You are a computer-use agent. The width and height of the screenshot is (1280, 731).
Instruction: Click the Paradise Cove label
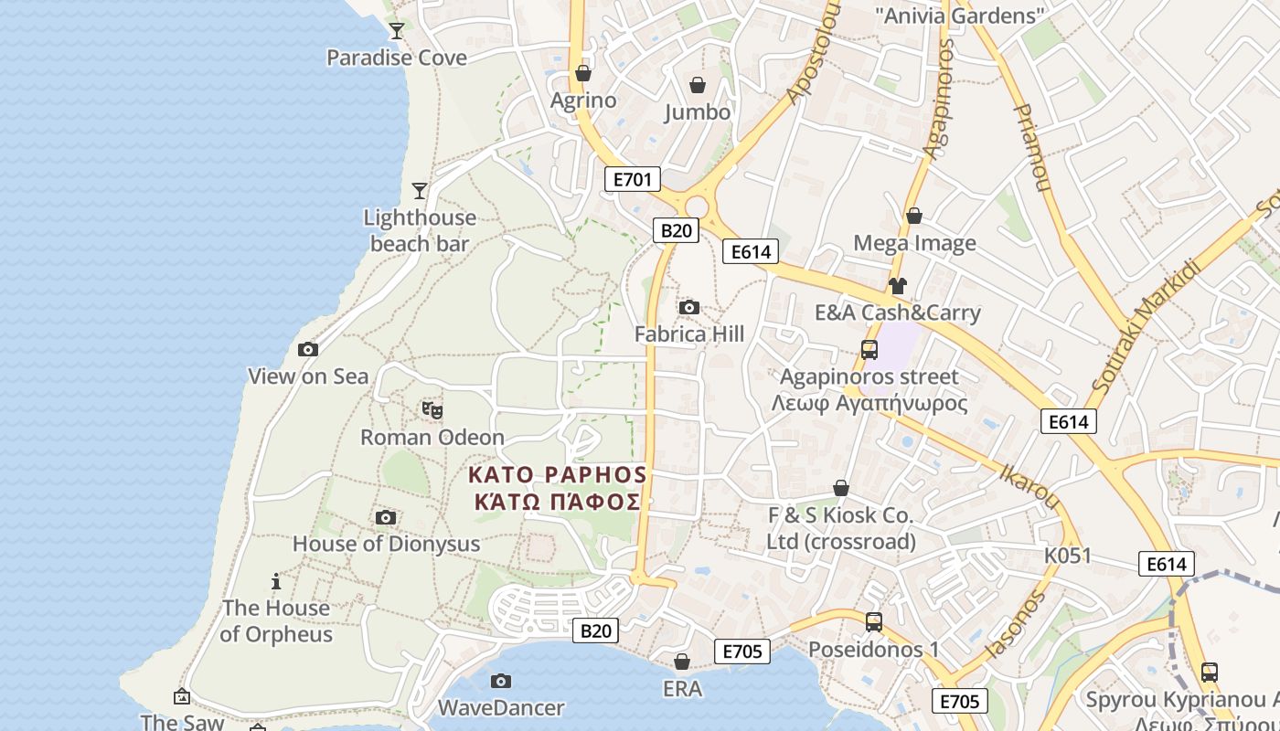point(397,58)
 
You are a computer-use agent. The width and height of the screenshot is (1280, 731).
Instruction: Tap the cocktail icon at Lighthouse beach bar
point(420,190)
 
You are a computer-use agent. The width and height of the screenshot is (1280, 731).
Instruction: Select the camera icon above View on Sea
point(308,349)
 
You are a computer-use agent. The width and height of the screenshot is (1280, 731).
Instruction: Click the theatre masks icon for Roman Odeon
point(432,410)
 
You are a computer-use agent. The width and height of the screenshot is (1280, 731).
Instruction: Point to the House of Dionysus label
point(386,544)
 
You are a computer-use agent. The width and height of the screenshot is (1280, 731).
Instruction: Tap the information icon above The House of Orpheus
point(275,581)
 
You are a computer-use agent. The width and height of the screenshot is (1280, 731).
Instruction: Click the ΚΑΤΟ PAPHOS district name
point(557,475)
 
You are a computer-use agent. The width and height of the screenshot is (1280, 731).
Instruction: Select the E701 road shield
point(632,179)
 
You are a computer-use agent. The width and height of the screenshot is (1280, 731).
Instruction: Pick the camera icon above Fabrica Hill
point(689,307)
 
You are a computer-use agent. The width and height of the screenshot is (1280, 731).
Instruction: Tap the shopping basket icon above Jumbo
point(698,85)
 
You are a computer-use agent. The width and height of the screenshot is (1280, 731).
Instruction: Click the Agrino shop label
point(583,100)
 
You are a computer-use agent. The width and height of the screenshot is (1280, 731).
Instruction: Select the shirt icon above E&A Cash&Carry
point(897,285)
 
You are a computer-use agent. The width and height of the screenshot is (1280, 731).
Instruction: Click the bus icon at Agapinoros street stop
point(869,349)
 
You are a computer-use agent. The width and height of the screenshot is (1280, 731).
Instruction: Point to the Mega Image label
point(914,243)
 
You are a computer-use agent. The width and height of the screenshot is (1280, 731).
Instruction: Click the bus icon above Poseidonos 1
point(873,622)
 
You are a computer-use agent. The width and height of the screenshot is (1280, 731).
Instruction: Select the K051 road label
point(1068,556)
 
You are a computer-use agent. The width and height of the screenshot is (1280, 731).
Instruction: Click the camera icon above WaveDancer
point(500,681)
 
